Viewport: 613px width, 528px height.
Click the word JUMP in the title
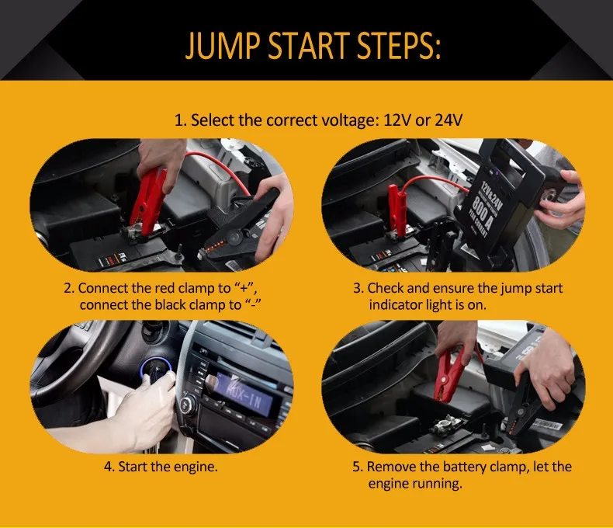click(x=223, y=45)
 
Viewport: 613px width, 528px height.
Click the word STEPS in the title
click(x=399, y=45)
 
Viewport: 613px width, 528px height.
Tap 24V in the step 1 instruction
click(x=448, y=120)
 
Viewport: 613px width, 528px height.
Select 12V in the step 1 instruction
click(x=397, y=120)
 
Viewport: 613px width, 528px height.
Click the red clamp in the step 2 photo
click(x=147, y=201)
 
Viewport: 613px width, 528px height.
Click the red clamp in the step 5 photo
click(x=448, y=376)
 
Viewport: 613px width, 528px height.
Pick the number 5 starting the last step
click(x=356, y=467)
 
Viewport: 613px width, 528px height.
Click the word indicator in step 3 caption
click(x=397, y=304)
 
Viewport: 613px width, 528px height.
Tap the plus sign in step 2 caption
click(x=244, y=289)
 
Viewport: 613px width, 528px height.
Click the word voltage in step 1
click(x=350, y=120)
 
